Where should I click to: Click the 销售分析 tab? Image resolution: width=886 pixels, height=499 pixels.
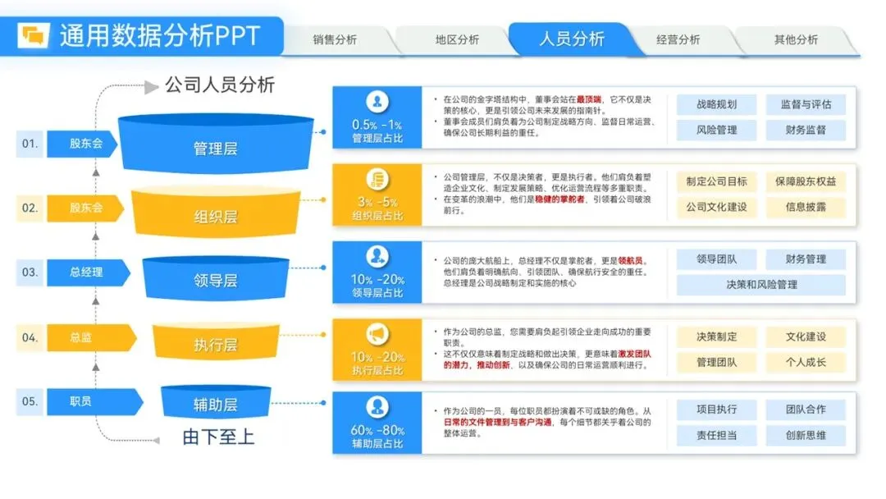[335, 39]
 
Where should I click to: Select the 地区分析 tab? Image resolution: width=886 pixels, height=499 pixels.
[457, 39]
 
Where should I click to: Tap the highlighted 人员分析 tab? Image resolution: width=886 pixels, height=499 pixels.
[572, 39]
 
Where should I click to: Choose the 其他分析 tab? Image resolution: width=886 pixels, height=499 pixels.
[796, 39]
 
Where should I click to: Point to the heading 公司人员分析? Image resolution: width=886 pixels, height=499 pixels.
[219, 85]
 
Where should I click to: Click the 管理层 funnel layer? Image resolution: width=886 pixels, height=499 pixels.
[216, 149]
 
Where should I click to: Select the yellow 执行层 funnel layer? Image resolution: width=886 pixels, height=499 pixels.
[216, 346]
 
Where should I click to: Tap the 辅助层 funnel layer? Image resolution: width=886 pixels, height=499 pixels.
[216, 404]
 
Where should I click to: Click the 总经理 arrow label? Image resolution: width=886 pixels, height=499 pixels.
[87, 272]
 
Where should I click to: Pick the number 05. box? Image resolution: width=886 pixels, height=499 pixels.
[30, 401]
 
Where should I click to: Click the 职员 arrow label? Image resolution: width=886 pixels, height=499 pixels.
[81, 401]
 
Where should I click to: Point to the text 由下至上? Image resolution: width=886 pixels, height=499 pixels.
[218, 437]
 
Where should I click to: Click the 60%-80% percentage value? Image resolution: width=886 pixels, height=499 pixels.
[377, 430]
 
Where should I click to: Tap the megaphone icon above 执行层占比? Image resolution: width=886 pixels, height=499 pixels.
[377, 334]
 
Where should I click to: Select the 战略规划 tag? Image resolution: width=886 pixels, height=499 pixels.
[716, 104]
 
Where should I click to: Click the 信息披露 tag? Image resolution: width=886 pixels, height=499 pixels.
[806, 207]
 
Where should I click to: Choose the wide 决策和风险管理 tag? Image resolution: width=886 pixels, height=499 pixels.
[760, 285]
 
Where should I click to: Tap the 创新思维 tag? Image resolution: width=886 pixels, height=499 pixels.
[806, 435]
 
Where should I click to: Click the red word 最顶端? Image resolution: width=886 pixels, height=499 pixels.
[591, 99]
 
